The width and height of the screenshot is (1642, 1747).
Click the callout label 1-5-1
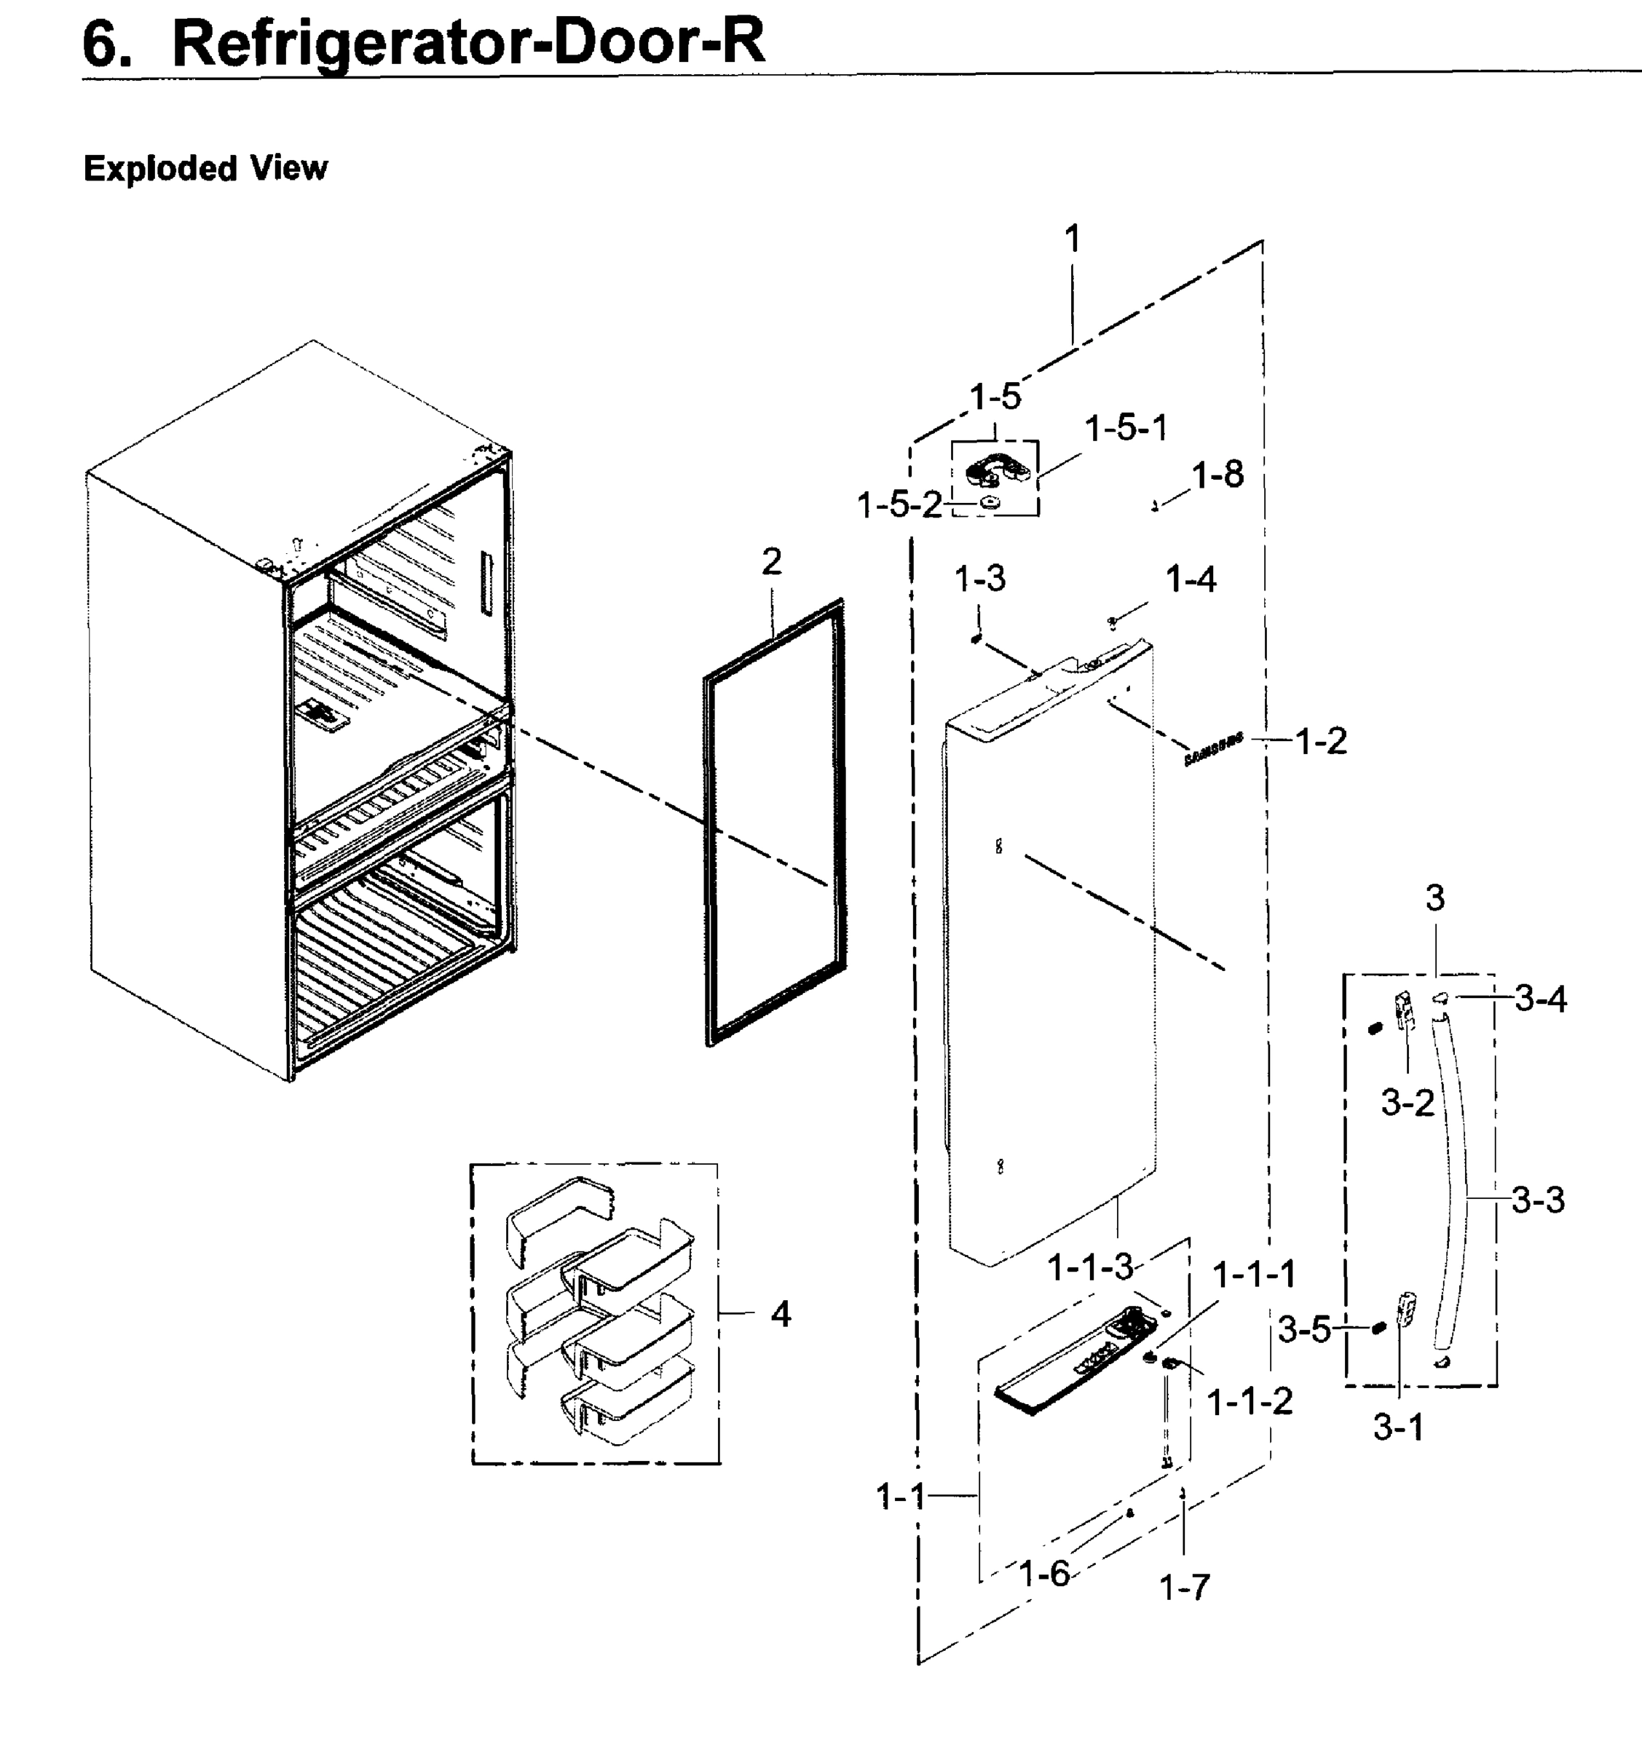point(1125,429)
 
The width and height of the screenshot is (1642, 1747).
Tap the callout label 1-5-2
point(899,505)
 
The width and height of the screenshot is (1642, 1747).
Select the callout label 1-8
point(1217,475)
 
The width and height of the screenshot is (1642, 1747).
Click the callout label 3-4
point(1540,999)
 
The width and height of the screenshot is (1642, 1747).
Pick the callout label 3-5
point(1303,1330)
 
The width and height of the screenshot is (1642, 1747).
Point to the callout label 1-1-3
point(1090,1267)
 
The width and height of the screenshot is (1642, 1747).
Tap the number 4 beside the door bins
point(780,1315)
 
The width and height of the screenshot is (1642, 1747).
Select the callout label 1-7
point(1184,1587)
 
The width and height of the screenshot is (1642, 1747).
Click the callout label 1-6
point(1043,1573)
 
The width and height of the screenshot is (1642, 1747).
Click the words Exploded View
point(205,168)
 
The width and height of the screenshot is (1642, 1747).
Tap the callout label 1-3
point(979,579)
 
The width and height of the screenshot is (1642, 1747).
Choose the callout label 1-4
point(1191,580)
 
